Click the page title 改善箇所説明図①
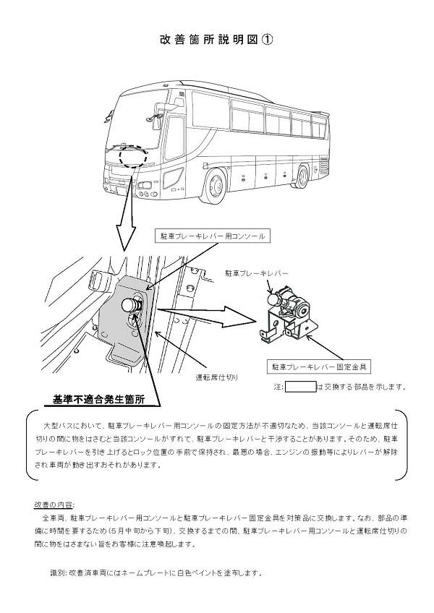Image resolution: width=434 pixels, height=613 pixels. click(216, 41)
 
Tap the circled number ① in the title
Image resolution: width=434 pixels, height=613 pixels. click(268, 41)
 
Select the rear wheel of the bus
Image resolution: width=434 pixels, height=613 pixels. click(302, 176)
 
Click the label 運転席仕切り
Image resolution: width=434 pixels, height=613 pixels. click(217, 377)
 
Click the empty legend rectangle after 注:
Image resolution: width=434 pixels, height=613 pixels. click(301, 387)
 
